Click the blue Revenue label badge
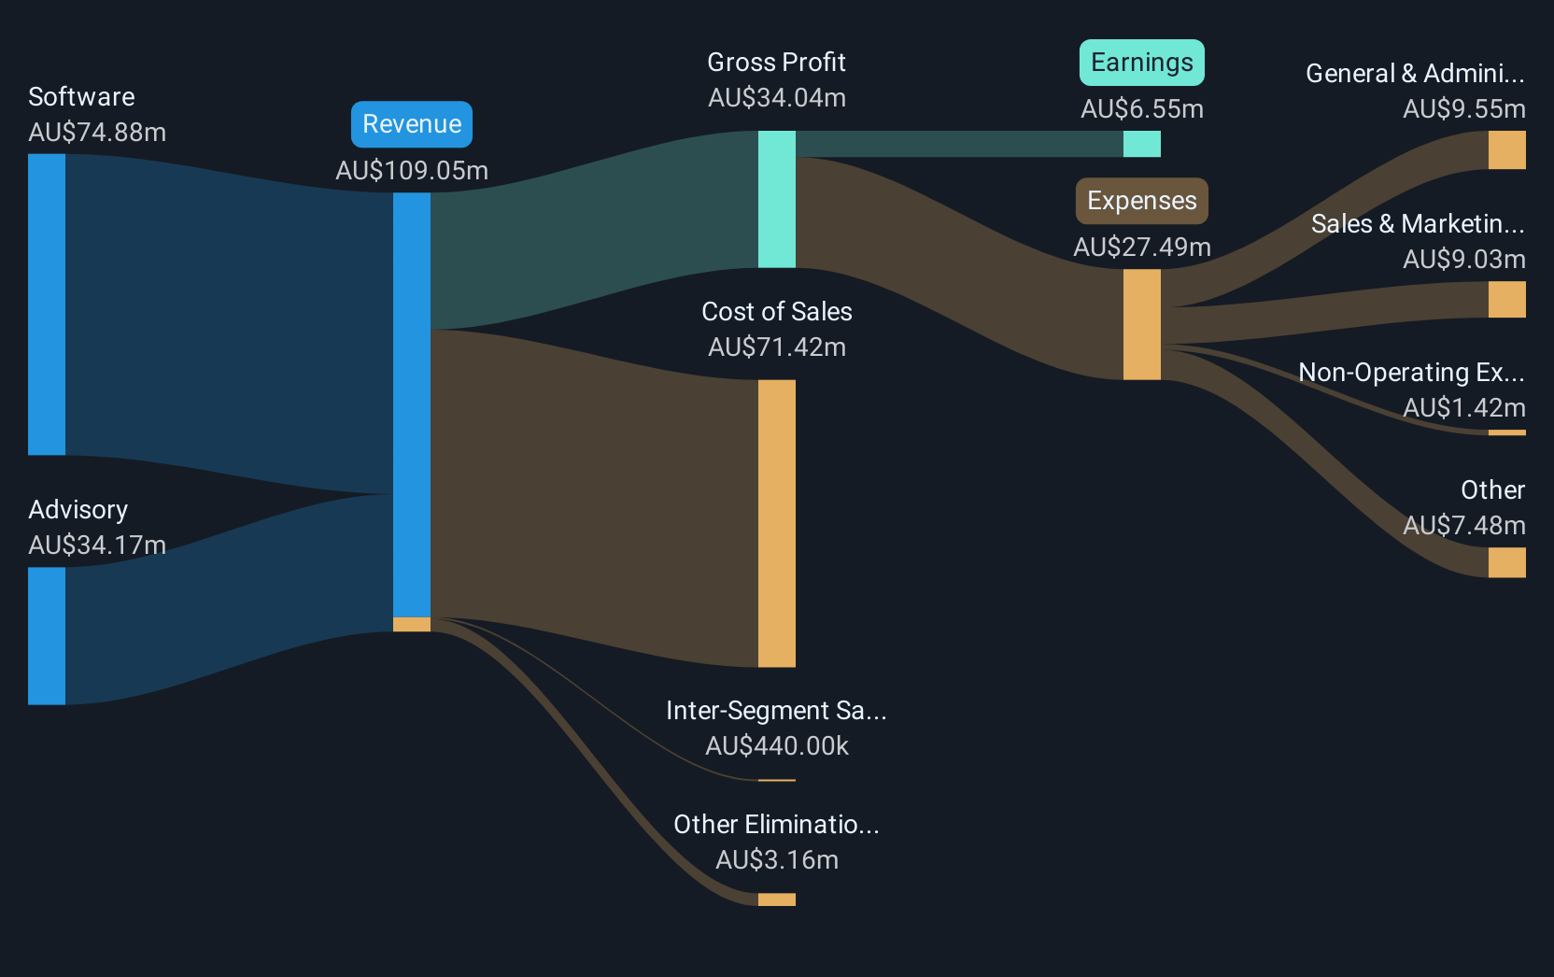412,124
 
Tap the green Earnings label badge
1142,63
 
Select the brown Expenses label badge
1142,201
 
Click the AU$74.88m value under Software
97,133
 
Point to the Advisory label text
78,510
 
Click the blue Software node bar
47,304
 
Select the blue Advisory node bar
47,636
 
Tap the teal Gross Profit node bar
777,199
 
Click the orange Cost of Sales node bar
777,523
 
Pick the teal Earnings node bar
1142,145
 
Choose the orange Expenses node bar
1142,325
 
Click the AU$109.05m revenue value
412,171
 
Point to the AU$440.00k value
777,746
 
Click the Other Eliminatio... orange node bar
777,899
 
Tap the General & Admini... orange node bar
1506,149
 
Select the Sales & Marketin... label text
1418,224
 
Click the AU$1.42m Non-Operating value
1464,407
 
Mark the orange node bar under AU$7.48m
1506,562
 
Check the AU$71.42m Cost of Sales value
777,347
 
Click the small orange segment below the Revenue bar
412,625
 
